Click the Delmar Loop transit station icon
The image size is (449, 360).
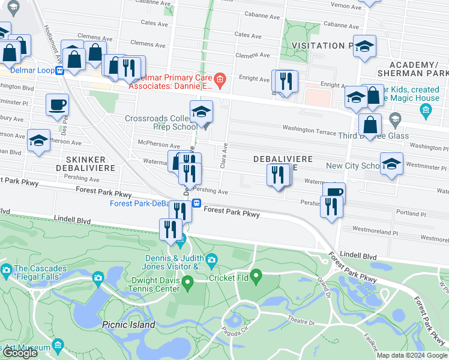60,71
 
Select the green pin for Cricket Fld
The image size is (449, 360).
256,277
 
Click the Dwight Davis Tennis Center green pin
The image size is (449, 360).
188,281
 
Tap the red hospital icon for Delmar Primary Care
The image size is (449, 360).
220,79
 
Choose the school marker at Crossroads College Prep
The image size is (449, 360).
201,112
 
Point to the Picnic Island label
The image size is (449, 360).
128,325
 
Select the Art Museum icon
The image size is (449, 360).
58,346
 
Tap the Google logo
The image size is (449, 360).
20,353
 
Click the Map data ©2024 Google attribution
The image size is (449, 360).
411,355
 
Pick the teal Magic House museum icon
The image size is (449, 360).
426,110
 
